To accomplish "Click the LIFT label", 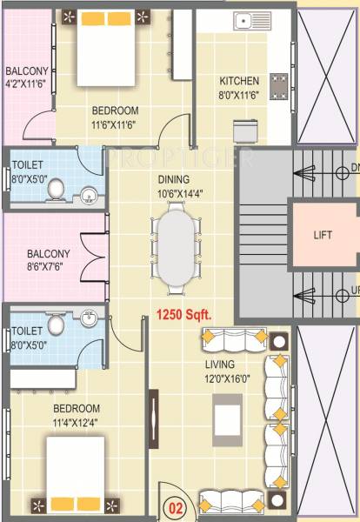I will (x=323, y=235).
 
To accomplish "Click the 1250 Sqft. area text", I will (x=183, y=313).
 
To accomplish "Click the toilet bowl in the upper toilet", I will (x=57, y=188).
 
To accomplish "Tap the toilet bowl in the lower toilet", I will (x=57, y=325).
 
